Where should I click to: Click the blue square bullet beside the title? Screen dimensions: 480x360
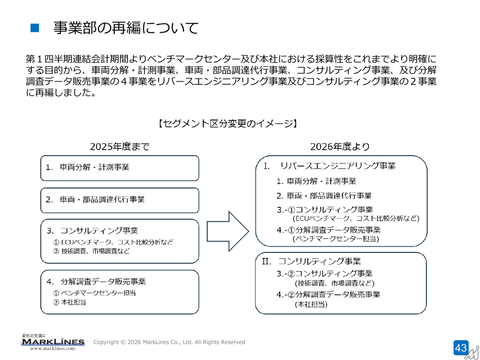(x=35, y=28)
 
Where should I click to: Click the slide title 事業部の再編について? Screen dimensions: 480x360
(x=126, y=28)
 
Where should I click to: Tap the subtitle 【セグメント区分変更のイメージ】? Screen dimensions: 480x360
(x=228, y=123)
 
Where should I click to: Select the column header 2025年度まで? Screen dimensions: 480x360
(x=120, y=147)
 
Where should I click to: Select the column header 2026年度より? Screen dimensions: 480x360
(x=340, y=147)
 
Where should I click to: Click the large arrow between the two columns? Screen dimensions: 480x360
(x=228, y=231)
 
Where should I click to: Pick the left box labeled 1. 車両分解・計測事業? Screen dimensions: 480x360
(x=120, y=168)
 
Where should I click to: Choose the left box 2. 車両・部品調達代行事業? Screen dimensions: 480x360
(x=120, y=200)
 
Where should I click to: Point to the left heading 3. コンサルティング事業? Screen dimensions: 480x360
(x=92, y=231)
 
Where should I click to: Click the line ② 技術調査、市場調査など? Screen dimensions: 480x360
(x=91, y=251)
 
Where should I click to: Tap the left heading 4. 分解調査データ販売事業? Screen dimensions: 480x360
(x=96, y=281)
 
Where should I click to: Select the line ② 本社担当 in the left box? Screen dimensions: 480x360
(x=69, y=302)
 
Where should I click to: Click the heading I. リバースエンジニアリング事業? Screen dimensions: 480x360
(x=330, y=166)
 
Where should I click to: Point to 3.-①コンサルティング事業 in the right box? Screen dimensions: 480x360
(x=325, y=210)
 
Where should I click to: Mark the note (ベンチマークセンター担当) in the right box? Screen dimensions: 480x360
(x=336, y=239)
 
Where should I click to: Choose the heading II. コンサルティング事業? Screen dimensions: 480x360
(x=311, y=261)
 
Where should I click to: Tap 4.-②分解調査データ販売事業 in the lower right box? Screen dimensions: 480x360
(x=328, y=295)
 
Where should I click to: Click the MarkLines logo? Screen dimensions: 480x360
(x=53, y=342)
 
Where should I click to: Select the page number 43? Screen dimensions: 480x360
(x=461, y=348)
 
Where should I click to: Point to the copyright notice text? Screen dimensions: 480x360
(x=169, y=342)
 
